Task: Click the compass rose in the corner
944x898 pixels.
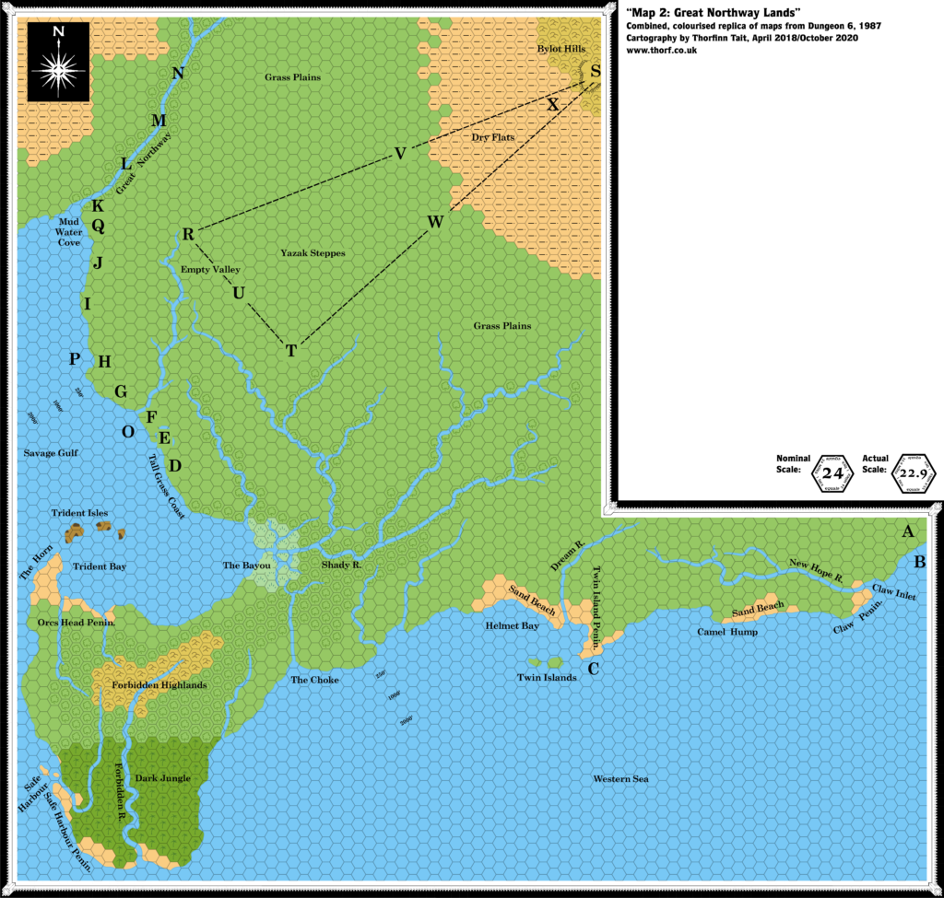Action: (x=60, y=61)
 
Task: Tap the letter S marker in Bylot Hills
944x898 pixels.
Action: (x=596, y=71)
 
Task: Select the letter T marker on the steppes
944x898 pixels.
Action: (x=291, y=351)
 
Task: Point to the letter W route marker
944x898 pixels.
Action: (x=436, y=222)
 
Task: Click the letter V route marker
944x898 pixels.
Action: (x=400, y=154)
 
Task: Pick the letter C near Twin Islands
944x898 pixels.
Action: (x=595, y=669)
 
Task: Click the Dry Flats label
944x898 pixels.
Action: (x=492, y=137)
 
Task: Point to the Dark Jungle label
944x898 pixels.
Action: (x=163, y=778)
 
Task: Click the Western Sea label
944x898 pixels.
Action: (x=621, y=779)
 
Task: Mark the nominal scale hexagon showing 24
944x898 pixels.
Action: (x=833, y=473)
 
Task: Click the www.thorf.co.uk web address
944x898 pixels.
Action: (x=661, y=51)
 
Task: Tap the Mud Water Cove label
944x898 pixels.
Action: (x=70, y=232)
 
